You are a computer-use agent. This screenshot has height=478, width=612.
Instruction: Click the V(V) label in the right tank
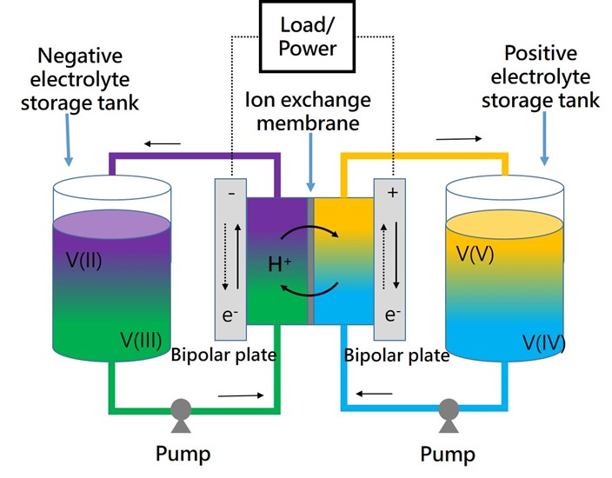coord(475,255)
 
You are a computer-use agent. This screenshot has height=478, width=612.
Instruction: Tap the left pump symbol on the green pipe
coord(181,408)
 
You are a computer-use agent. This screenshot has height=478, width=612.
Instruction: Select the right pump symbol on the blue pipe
coord(449,408)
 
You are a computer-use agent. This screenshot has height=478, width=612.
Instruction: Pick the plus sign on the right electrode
coord(391,194)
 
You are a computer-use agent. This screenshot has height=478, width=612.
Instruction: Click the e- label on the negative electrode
coord(231,315)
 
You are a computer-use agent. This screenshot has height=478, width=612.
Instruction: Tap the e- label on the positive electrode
coord(392,315)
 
